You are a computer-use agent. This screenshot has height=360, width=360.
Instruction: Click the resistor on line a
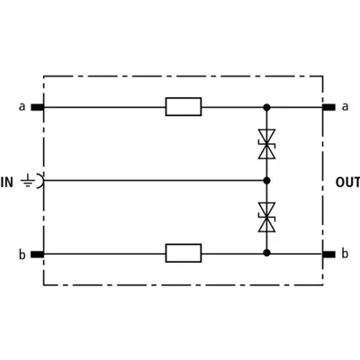click(x=184, y=106)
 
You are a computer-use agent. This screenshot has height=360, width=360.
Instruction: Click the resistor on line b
click(x=184, y=253)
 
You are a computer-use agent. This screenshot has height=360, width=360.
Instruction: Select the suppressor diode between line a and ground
click(x=266, y=144)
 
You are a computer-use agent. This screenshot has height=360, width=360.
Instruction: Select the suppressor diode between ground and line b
click(x=266, y=217)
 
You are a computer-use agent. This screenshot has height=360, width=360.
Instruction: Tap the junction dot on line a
click(x=266, y=107)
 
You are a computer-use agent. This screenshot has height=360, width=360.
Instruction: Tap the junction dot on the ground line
click(x=266, y=180)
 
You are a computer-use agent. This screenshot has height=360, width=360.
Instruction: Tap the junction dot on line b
click(x=266, y=253)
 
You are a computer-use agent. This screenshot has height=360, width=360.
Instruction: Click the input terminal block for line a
click(x=38, y=107)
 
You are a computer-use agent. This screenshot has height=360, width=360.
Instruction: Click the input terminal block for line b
click(x=38, y=255)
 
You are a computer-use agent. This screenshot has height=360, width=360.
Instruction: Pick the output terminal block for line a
click(x=328, y=107)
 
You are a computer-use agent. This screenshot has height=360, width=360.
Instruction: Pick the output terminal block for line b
click(x=328, y=255)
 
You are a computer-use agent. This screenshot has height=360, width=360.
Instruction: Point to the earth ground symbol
click(x=28, y=180)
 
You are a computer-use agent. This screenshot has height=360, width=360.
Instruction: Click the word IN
click(x=7, y=183)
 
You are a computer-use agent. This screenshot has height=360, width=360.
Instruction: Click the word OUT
click(x=347, y=183)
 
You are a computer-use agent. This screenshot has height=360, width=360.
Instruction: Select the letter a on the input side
click(x=22, y=106)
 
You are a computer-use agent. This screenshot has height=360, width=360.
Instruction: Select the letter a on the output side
click(x=346, y=106)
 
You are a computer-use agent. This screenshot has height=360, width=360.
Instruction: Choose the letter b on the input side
click(x=22, y=255)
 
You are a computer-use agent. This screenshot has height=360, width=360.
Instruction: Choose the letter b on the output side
click(x=345, y=254)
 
